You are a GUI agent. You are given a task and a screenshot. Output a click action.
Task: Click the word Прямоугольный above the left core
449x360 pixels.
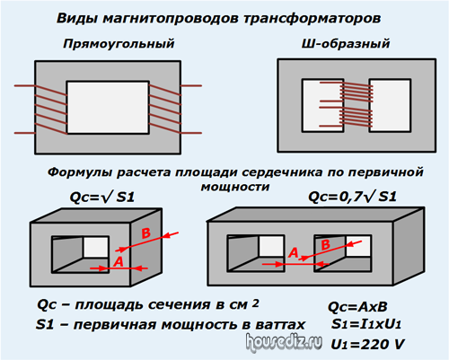pyautogui.click(x=119, y=44)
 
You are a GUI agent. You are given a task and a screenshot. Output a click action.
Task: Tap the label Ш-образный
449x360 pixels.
pyautogui.click(x=346, y=44)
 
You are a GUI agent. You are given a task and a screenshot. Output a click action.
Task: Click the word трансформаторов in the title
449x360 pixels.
pyautogui.click(x=313, y=18)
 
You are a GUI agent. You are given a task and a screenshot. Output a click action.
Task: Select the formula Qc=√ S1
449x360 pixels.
pyautogui.click(x=102, y=198)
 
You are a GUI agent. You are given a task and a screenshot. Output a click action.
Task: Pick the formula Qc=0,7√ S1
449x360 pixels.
pyautogui.click(x=352, y=197)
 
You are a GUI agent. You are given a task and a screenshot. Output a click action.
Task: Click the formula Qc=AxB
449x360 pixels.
pyautogui.click(x=357, y=307)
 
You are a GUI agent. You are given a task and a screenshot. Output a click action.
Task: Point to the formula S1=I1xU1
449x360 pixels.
pyautogui.click(x=366, y=324)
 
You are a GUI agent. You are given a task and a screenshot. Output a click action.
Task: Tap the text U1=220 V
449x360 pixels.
pyautogui.click(x=367, y=344)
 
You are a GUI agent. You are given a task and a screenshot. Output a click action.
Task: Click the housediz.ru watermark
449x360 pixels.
pyautogui.click(x=284, y=342)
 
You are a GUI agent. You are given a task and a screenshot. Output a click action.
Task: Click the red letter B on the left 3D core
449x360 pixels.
pyautogui.click(x=145, y=233)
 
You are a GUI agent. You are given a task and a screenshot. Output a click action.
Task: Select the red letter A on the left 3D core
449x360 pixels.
pyautogui.click(x=119, y=262)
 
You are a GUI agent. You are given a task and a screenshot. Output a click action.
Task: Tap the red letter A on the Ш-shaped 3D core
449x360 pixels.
pyautogui.click(x=294, y=253)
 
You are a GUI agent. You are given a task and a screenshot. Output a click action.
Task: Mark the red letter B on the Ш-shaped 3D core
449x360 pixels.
pyautogui.click(x=325, y=245)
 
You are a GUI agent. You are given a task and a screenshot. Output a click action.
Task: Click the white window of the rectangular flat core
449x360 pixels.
pyautogui.click(x=108, y=107)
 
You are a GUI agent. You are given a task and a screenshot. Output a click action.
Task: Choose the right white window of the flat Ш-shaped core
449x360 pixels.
pyautogui.click(x=390, y=105)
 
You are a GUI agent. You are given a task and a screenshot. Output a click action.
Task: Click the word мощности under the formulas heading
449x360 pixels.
pyautogui.click(x=235, y=187)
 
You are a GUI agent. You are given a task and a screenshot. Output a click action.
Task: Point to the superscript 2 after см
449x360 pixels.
pyautogui.click(x=255, y=303)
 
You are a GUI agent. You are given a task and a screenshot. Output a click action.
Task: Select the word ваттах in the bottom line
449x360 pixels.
pyautogui.click(x=280, y=325)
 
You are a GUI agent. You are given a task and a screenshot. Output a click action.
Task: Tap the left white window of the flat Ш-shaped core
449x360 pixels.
pyautogui.click(x=322, y=105)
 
